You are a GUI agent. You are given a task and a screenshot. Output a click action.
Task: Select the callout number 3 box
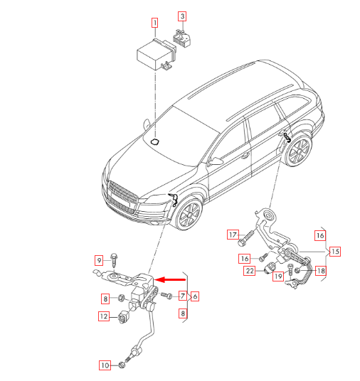(x=182, y=16)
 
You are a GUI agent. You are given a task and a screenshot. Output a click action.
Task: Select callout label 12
(x=104, y=317)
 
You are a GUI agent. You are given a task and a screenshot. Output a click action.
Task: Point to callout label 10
(x=104, y=365)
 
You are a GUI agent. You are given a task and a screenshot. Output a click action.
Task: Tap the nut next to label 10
(x=123, y=365)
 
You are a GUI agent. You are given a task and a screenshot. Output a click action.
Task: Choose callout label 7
(x=183, y=296)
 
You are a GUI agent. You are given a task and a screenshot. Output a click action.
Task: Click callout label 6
(x=195, y=296)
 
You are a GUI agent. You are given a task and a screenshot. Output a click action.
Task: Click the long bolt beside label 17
(x=248, y=234)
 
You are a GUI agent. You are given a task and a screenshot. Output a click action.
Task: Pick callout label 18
(x=321, y=270)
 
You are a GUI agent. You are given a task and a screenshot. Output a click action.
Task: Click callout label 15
(x=334, y=251)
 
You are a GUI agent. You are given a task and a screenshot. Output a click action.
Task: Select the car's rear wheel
(x=298, y=151)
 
